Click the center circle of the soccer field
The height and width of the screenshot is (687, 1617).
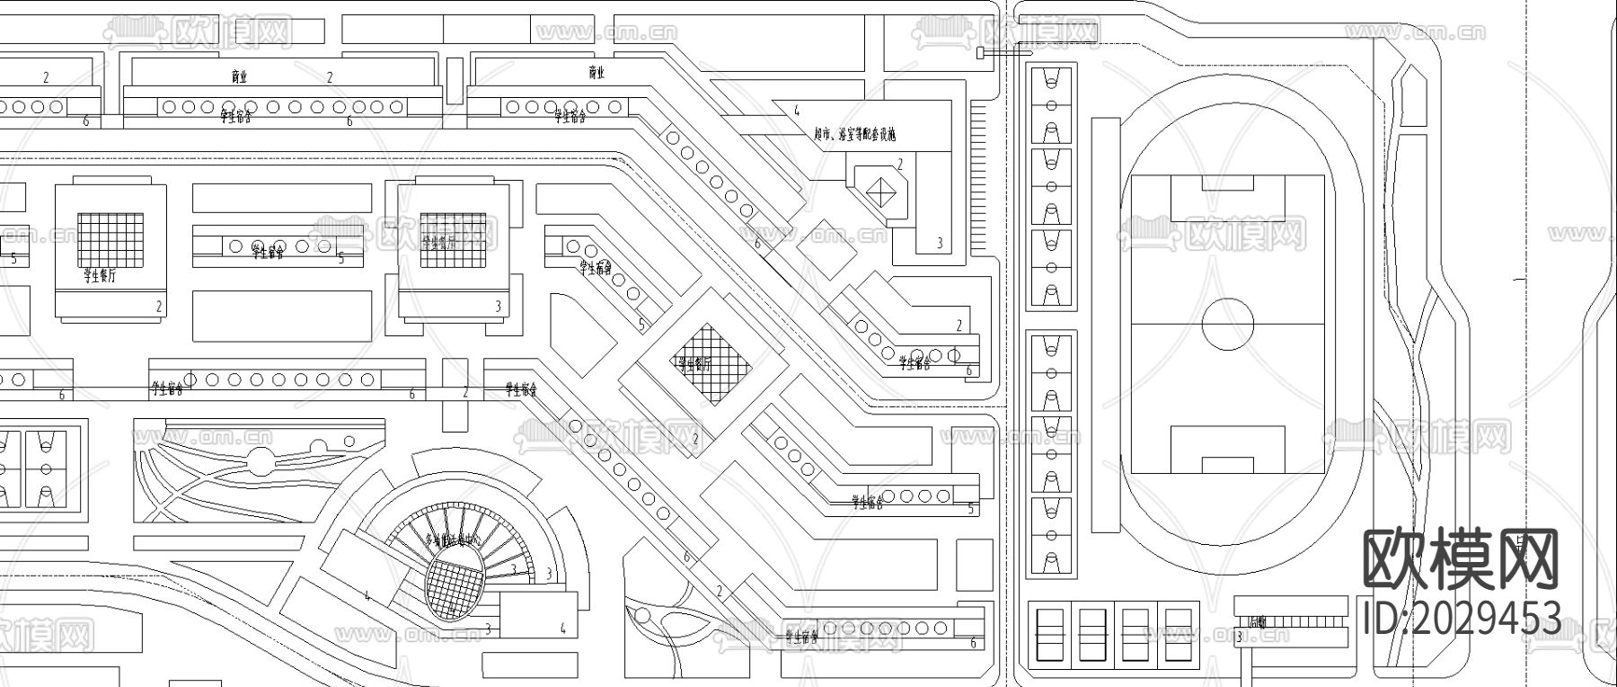1227,324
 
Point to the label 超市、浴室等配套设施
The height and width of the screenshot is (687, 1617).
854,135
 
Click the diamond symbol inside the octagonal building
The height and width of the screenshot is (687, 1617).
881,192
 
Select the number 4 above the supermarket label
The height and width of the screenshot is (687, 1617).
796,112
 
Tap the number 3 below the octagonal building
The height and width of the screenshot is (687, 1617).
940,243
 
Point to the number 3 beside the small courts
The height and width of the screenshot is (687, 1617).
1239,638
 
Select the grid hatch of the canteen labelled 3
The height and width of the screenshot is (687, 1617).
453,239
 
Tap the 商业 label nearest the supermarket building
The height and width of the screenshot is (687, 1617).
596,72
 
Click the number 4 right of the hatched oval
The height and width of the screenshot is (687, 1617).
563,628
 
